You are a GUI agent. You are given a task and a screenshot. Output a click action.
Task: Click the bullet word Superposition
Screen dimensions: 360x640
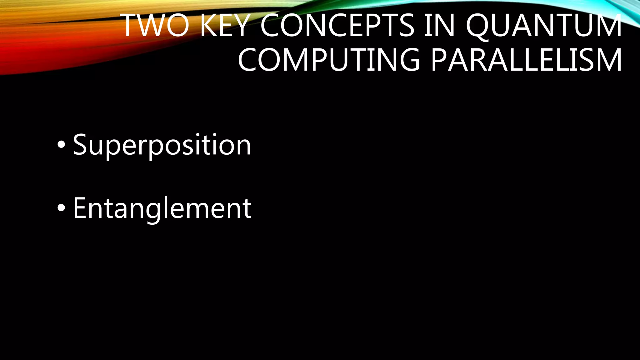pos(162,145)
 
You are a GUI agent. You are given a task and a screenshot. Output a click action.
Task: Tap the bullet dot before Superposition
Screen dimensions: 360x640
pos(62,145)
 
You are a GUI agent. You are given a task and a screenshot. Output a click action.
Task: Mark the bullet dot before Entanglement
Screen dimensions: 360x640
pos(62,208)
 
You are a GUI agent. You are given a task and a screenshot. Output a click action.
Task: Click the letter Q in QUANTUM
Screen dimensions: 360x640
pos(480,26)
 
